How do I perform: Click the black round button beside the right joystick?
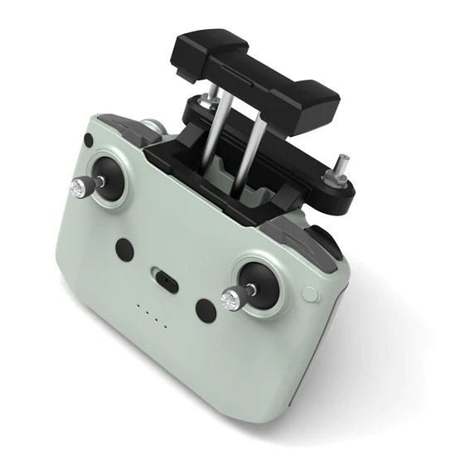(x=205, y=310)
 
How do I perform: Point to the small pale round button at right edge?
(x=310, y=293)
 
